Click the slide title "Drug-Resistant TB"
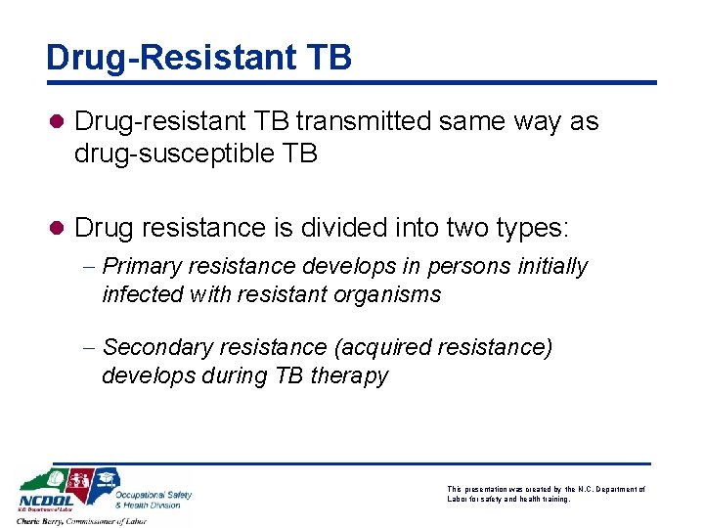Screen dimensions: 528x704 (198, 57)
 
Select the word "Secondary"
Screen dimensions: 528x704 (152, 347)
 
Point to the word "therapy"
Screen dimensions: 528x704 (349, 375)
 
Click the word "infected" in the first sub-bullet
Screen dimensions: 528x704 (137, 294)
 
